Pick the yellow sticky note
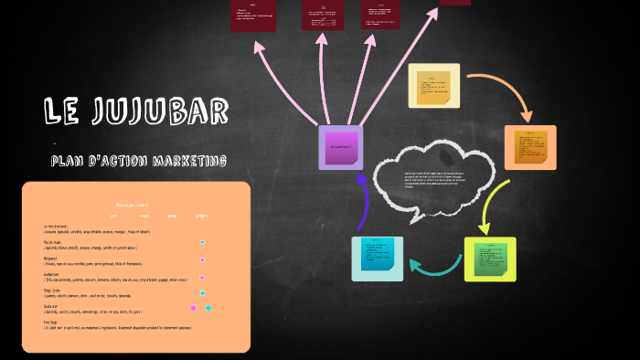coord(433,86)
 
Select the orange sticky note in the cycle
coord(530,146)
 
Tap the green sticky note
coord(490,259)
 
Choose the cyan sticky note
coord(377,258)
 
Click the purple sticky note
coord(340,147)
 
